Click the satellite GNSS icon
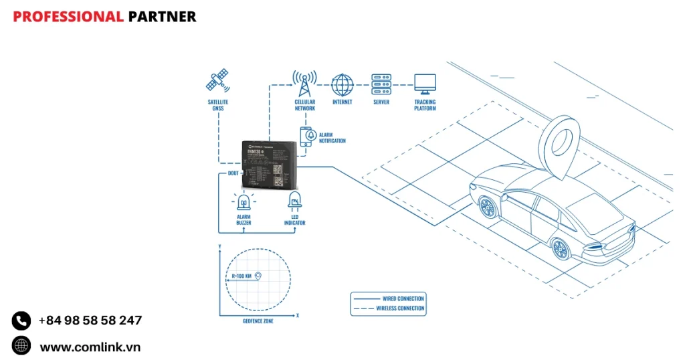pyautogui.click(x=218, y=82)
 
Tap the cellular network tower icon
pyautogui.click(x=304, y=84)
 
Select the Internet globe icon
pyautogui.click(x=342, y=84)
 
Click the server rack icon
pyautogui.click(x=381, y=84)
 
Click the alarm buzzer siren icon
pyautogui.click(x=243, y=201)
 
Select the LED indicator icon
pyautogui.click(x=294, y=200)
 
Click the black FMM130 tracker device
pyautogui.click(x=269, y=165)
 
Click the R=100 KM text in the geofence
pyautogui.click(x=241, y=276)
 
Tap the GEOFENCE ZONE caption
pyautogui.click(x=258, y=321)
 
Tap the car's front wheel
pyautogui.click(x=487, y=205)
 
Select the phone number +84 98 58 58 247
pyautogui.click(x=90, y=321)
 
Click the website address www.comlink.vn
pyautogui.click(x=90, y=347)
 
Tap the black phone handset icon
pyautogui.click(x=21, y=321)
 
